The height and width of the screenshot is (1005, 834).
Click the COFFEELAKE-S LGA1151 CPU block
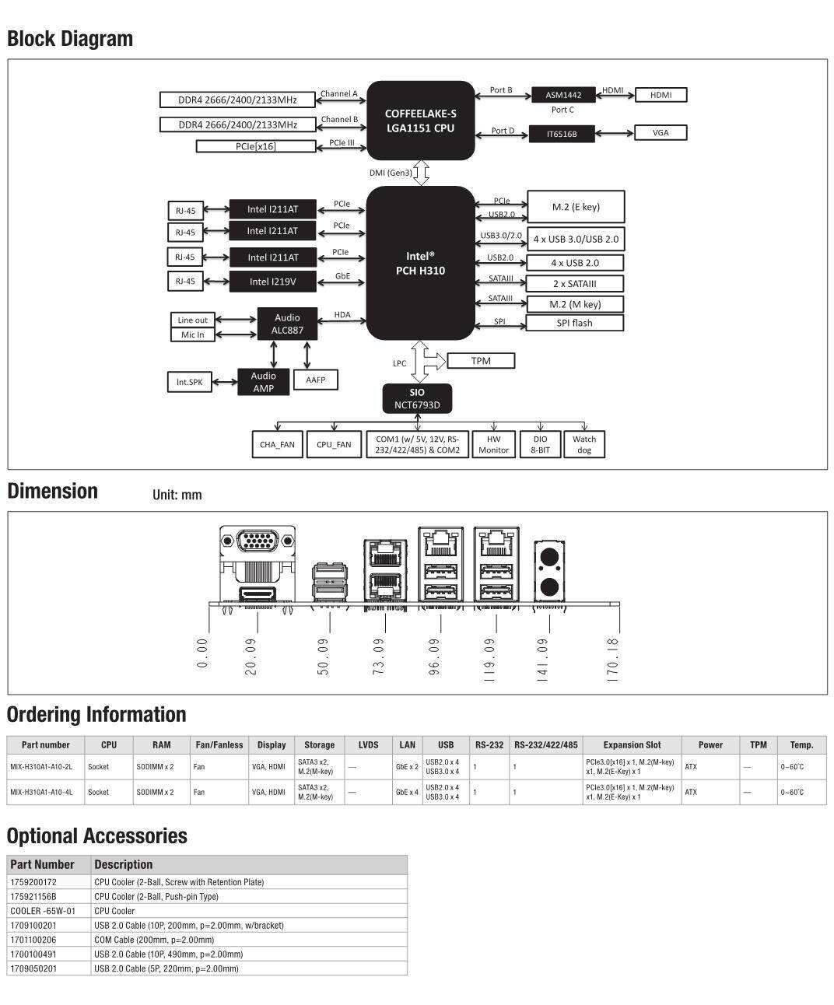pos(420,121)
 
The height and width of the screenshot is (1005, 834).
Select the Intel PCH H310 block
pos(420,263)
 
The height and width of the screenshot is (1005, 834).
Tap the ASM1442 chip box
pos(563,95)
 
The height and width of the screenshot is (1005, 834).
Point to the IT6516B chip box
pos(562,134)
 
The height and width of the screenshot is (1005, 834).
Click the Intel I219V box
pos(272,282)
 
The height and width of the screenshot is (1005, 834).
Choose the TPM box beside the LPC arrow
pos(481,361)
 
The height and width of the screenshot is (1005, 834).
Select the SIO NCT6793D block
pos(417,398)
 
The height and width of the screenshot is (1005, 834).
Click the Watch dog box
pos(583,444)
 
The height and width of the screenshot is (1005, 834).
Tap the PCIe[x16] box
pos(256,146)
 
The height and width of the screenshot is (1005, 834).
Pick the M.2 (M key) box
pos(574,304)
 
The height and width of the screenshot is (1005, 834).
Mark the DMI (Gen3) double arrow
pos(421,173)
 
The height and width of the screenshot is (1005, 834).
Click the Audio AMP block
pos(264,382)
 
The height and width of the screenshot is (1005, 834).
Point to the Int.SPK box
pos(189,382)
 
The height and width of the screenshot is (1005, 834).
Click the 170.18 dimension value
pos(612,660)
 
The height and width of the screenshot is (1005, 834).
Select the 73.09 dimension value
pos(378,657)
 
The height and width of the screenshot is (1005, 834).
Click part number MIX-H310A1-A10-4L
pos(41,792)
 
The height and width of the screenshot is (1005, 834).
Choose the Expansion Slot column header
pos(632,744)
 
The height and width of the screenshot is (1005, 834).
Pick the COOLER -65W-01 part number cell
pos(43,911)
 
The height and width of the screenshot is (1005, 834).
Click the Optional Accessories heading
pos(96,836)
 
